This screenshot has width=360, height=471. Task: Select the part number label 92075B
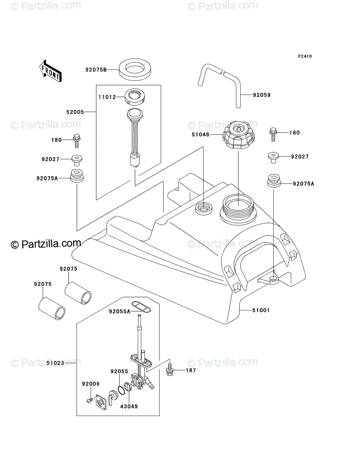click(96, 70)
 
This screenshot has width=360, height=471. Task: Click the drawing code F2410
click(304, 57)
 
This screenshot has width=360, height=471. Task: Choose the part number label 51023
click(55, 363)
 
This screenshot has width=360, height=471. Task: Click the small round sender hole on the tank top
click(204, 208)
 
